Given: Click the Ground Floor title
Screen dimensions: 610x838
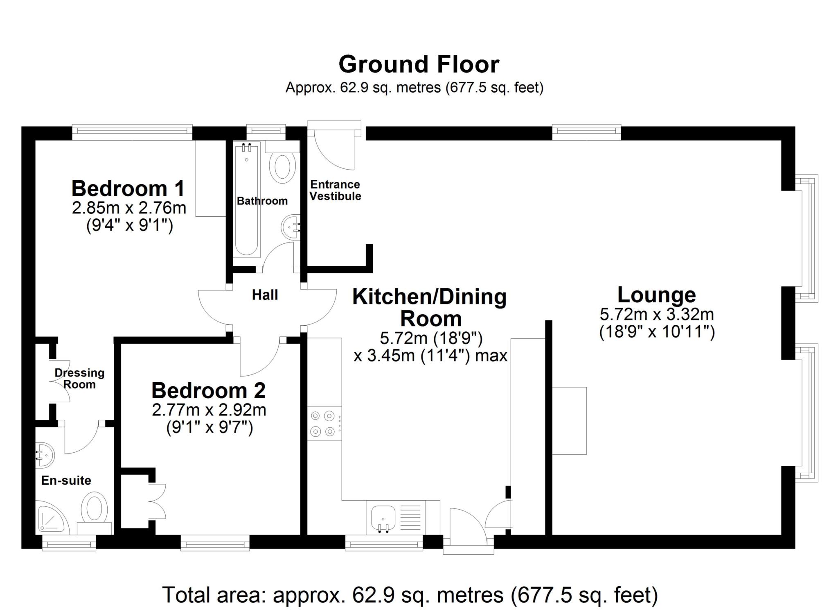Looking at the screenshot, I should pyautogui.click(x=419, y=65).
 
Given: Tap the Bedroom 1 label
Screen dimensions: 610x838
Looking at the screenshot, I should pyautogui.click(x=128, y=188).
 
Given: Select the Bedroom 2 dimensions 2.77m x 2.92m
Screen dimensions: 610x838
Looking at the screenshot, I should pyautogui.click(x=209, y=410).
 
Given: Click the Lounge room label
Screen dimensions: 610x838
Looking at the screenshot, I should pyautogui.click(x=656, y=295).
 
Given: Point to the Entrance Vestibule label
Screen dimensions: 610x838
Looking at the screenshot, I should pyautogui.click(x=335, y=190).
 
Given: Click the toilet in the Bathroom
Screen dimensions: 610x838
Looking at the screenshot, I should pyautogui.click(x=283, y=166).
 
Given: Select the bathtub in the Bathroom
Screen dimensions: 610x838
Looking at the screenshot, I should pyautogui.click(x=247, y=199).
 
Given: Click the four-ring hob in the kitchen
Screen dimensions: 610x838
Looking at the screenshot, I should pyautogui.click(x=323, y=423).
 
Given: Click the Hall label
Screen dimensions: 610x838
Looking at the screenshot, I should pyautogui.click(x=265, y=295).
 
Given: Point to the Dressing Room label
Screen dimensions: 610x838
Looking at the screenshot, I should pyautogui.click(x=79, y=379).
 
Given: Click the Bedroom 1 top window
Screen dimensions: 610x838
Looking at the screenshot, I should pyautogui.click(x=132, y=130).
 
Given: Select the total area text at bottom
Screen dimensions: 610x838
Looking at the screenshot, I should pyautogui.click(x=410, y=595).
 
